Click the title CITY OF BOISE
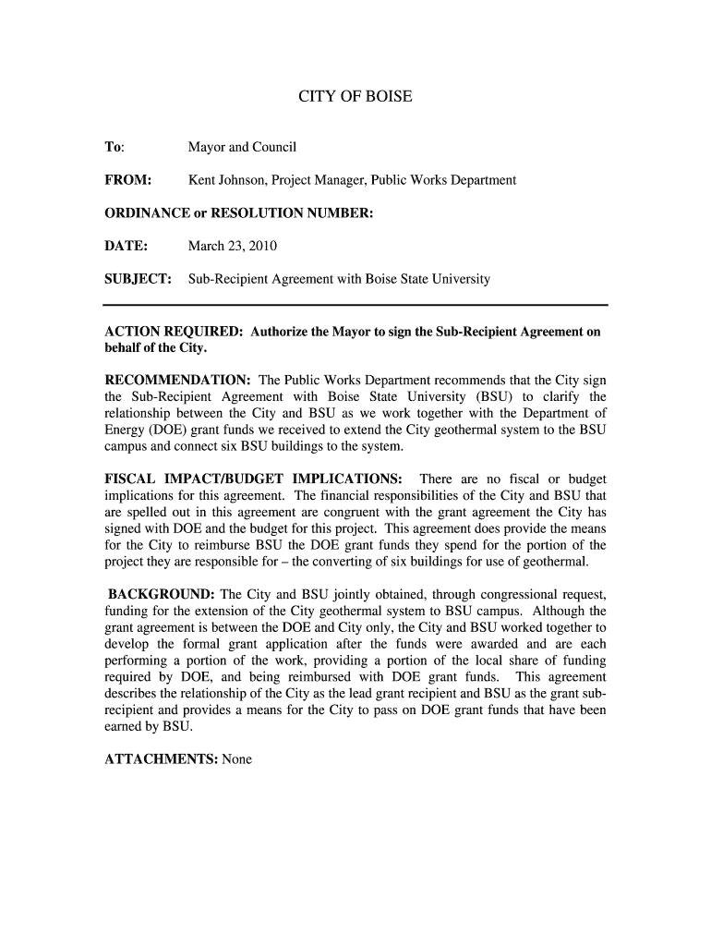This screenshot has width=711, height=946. pyautogui.click(x=355, y=97)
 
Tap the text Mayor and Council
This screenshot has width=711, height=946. pyautogui.click(x=242, y=147)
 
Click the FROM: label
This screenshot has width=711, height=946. pyautogui.click(x=127, y=180)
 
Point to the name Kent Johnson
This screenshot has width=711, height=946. pyautogui.click(x=224, y=180)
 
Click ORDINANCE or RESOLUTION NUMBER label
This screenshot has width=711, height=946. pyautogui.click(x=238, y=213)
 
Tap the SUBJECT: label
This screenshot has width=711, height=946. pyautogui.click(x=138, y=279)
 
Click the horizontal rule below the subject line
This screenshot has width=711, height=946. pyautogui.click(x=355, y=305)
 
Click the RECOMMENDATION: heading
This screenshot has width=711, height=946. pyautogui.click(x=178, y=380)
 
